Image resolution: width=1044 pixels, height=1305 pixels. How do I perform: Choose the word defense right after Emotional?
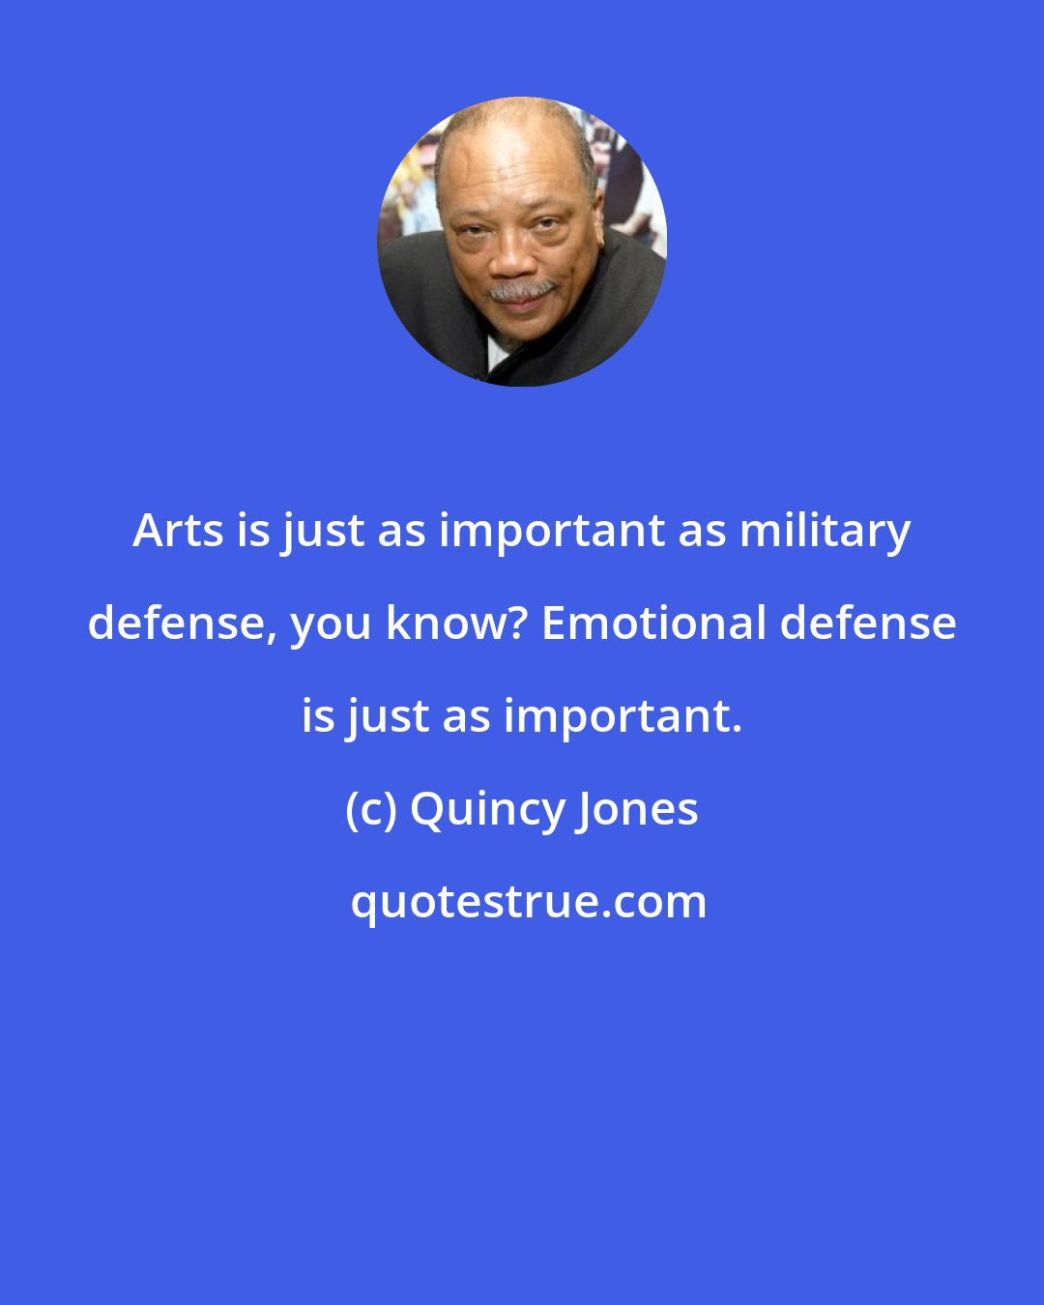(868, 623)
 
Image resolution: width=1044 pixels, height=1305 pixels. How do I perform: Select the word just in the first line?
(317, 530)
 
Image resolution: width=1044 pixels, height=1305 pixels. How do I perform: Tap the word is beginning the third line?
(317, 716)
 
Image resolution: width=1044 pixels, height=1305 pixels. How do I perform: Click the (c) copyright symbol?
(371, 809)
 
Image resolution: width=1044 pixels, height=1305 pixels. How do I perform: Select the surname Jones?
(637, 809)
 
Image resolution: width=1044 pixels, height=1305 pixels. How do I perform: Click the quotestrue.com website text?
(528, 902)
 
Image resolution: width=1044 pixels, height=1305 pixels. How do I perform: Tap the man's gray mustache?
(521, 289)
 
